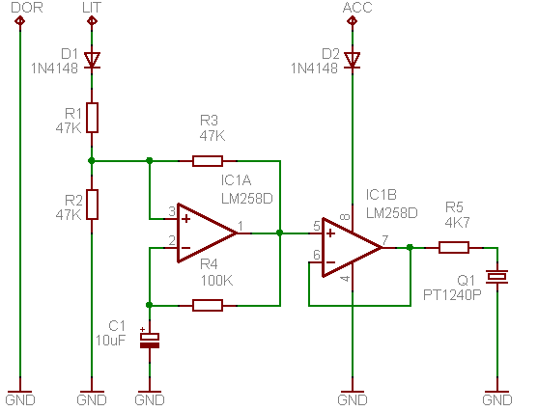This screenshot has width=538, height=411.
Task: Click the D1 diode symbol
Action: click(92, 61)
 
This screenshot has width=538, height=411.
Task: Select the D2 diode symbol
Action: click(352, 61)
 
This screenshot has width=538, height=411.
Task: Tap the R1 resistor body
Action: click(92, 118)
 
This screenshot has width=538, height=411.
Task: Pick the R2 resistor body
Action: click(92, 205)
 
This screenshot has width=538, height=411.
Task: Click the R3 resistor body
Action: click(208, 161)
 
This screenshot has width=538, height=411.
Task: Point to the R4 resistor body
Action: click(208, 305)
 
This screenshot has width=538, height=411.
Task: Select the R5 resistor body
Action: click(454, 248)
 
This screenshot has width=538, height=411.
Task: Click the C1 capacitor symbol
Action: click(150, 340)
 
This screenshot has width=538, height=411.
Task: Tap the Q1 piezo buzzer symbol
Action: click(496, 276)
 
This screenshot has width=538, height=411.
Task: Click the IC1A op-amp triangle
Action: click(207, 233)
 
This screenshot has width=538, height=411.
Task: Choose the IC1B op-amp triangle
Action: click(352, 248)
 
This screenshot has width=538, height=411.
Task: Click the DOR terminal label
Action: click(27, 8)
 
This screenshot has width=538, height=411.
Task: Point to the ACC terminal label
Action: click(357, 8)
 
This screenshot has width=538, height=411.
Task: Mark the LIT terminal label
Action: click(92, 8)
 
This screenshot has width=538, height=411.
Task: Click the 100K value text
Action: click(217, 281)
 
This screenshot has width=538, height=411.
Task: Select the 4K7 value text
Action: click(458, 223)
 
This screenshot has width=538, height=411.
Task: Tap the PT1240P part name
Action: click(452, 295)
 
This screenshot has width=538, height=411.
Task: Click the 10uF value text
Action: click(110, 340)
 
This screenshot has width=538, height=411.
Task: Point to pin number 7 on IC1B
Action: click(385, 240)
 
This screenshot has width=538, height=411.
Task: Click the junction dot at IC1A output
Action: click(280, 233)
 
